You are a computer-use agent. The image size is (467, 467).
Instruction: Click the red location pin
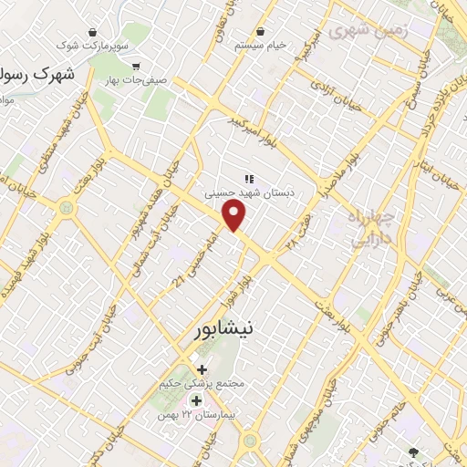pos(235,214)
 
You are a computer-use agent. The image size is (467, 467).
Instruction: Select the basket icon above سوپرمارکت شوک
pos(92,31)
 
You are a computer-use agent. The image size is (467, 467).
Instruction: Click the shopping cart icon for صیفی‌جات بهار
pos(136,66)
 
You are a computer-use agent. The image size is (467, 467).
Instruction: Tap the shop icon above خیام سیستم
pos(261,31)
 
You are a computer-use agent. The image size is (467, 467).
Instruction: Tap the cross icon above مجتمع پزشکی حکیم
pos(201,369)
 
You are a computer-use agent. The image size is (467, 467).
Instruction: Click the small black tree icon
pos(414,451)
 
